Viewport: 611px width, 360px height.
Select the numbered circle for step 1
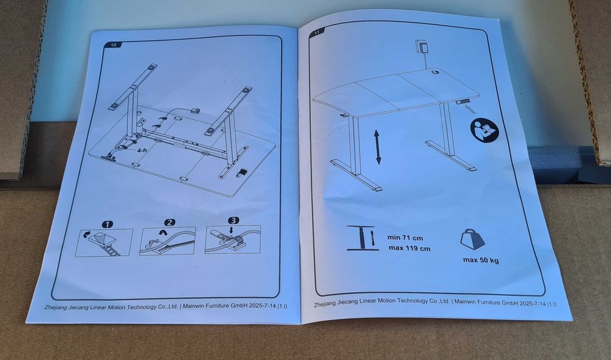[x=106, y=224]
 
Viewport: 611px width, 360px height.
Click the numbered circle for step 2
[x=170, y=222]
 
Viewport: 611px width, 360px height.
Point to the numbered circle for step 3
[x=233, y=221]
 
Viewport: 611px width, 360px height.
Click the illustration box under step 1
[x=104, y=243]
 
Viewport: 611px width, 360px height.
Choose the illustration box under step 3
[x=233, y=239]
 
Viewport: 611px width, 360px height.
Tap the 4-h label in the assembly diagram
[x=142, y=149]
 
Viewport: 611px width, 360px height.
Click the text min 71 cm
[x=406, y=238]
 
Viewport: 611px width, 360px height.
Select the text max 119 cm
[x=409, y=249]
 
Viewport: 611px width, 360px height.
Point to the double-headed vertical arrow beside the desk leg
[x=379, y=146]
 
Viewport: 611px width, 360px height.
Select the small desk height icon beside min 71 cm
[x=362, y=238]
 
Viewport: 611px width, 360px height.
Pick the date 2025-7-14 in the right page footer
[x=530, y=302]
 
